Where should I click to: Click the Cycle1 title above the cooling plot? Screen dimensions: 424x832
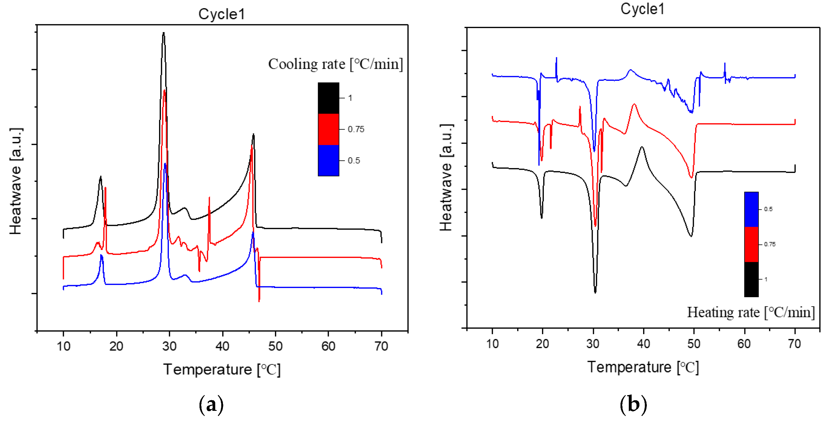(x=222, y=14)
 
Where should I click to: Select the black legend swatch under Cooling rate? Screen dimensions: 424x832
(x=328, y=98)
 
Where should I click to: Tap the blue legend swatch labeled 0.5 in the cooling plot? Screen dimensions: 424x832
(x=328, y=160)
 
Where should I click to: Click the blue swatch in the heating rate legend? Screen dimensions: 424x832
(x=751, y=209)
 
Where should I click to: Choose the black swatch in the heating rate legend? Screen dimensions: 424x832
(x=751, y=279)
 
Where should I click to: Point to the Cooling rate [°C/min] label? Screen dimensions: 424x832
(x=335, y=64)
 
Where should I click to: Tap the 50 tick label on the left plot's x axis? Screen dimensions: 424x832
(x=275, y=346)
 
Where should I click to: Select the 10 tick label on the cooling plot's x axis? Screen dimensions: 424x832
(x=63, y=346)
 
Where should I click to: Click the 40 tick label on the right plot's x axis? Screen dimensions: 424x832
(x=643, y=344)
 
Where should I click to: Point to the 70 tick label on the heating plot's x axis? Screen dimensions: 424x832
(x=795, y=344)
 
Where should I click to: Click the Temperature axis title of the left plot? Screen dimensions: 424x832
(x=222, y=369)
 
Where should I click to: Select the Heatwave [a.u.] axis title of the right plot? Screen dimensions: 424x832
(x=446, y=178)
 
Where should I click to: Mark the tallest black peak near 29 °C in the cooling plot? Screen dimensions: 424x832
(x=164, y=33)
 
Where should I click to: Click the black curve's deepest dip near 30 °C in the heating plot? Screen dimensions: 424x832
(x=595, y=292)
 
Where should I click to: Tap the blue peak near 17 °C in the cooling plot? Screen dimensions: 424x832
(x=101, y=256)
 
